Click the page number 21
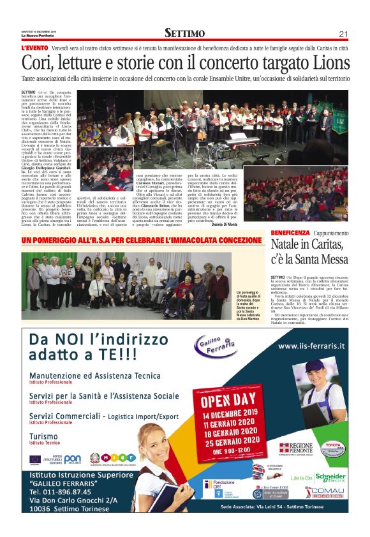pyautogui.click(x=343, y=34)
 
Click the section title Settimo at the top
pyautogui.click(x=184, y=33)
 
